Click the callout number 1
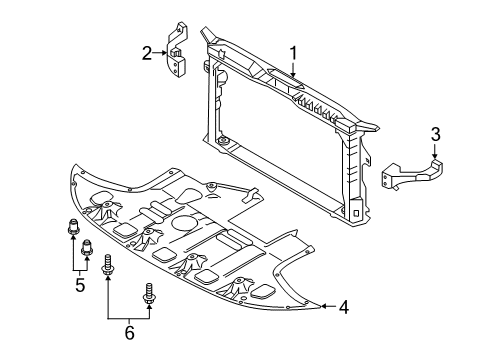tap(294, 52)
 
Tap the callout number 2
tap(146, 53)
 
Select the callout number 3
tap(435, 134)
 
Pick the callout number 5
tap(80, 285)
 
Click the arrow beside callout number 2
tap(161, 53)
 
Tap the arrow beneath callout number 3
tap(435, 150)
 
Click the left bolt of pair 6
tap(107, 268)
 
